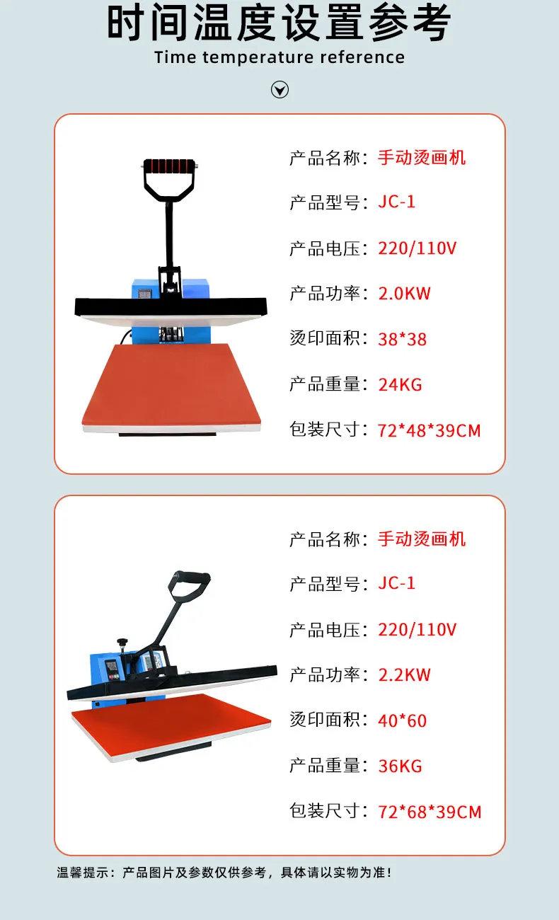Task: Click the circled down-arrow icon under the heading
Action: [279, 90]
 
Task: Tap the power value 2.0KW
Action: [404, 294]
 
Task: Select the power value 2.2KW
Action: [404, 675]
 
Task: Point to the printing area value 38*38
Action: [402, 339]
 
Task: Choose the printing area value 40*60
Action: [402, 720]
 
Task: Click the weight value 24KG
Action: [400, 385]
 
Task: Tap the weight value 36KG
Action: [400, 766]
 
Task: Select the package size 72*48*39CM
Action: [430, 430]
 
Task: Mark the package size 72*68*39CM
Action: [430, 812]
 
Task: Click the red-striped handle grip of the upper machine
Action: [169, 166]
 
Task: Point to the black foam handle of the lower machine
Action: [190, 576]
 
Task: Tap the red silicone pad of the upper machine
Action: [171, 384]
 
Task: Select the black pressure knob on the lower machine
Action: [122, 642]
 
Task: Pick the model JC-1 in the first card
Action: [397, 202]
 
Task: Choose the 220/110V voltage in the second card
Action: [417, 629]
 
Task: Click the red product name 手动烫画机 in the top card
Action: [422, 158]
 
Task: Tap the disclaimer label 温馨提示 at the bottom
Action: [83, 872]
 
